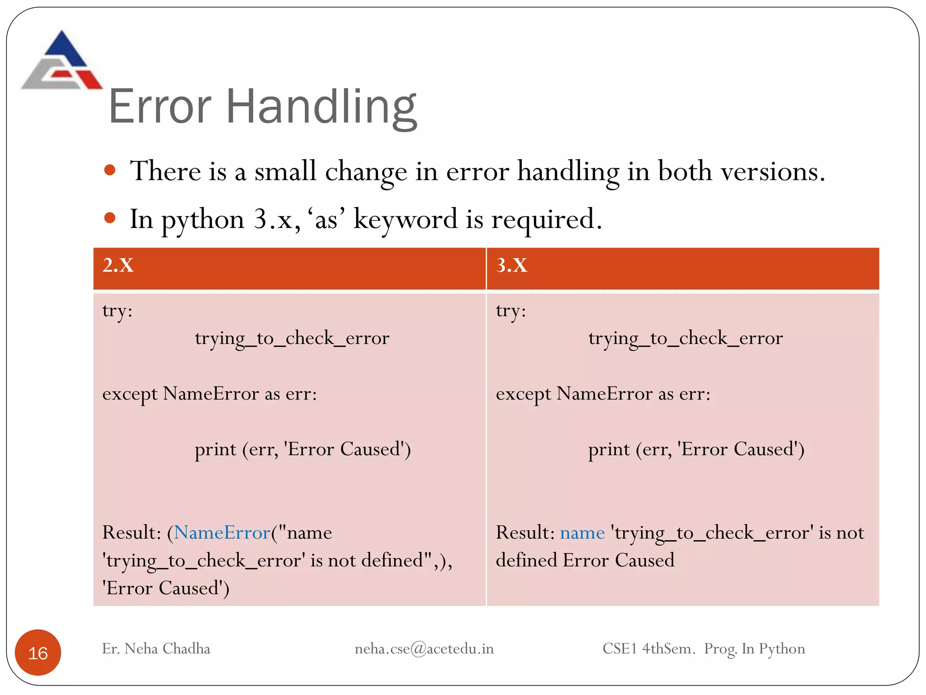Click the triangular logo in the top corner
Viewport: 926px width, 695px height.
(61, 61)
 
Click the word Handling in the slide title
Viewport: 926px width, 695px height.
(321, 107)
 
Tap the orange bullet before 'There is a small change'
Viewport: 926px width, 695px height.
(110, 171)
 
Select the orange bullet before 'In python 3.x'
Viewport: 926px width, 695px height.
(110, 219)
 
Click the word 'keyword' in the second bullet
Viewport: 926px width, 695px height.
(405, 219)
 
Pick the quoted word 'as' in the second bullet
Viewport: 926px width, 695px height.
(326, 219)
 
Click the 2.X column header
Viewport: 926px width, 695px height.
(118, 265)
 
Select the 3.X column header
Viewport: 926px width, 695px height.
(512, 265)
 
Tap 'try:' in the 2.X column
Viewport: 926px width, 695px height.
(117, 311)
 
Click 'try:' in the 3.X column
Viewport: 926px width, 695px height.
(511, 311)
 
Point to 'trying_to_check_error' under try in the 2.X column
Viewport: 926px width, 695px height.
(292, 338)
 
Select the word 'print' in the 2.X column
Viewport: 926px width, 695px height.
(215, 449)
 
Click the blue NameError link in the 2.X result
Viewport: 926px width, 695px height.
(222, 533)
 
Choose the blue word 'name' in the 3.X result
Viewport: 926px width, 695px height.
(582, 533)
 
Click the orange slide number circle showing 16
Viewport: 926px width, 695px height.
(38, 652)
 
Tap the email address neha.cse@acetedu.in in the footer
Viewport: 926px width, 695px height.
(424, 649)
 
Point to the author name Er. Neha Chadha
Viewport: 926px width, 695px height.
(156, 649)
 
